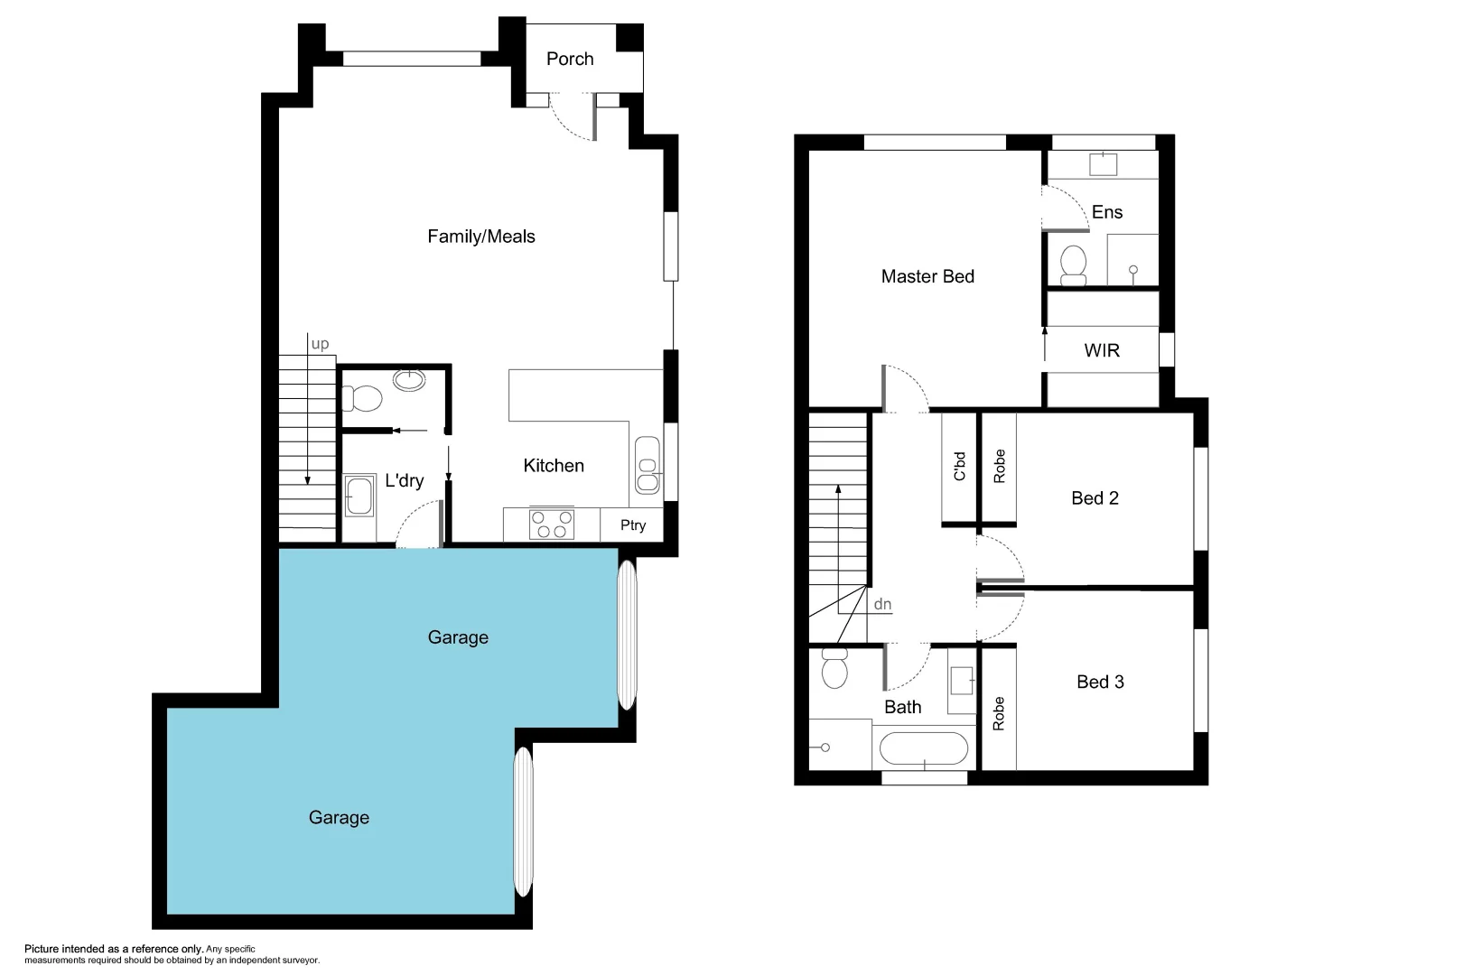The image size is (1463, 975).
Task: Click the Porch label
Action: pos(570,59)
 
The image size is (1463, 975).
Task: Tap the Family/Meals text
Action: pos(480,237)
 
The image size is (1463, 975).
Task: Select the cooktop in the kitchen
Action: pos(552,525)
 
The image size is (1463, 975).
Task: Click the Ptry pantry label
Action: pos(633,525)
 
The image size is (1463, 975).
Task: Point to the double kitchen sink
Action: pos(648,465)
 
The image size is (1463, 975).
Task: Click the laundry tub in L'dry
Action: pos(359,496)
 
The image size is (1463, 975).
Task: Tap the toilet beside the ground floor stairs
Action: pos(362,398)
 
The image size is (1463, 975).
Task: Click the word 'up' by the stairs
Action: pos(320,344)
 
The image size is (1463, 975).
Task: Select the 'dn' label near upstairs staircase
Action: pos(882,604)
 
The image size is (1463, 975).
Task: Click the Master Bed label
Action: pos(927,277)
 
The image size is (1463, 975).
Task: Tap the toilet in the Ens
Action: pos(1073,265)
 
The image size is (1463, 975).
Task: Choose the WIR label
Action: pos(1102,350)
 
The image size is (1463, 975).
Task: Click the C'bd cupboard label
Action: pos(959,466)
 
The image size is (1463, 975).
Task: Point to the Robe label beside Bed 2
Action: pos(999,466)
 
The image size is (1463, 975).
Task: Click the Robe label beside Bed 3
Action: pos(998,713)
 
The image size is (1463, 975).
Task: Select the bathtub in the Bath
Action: pos(924,748)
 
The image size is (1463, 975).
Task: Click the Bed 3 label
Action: pos(1100,682)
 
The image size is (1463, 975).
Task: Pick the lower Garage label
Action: pos(339,818)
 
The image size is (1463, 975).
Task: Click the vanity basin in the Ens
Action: pos(1103,164)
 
